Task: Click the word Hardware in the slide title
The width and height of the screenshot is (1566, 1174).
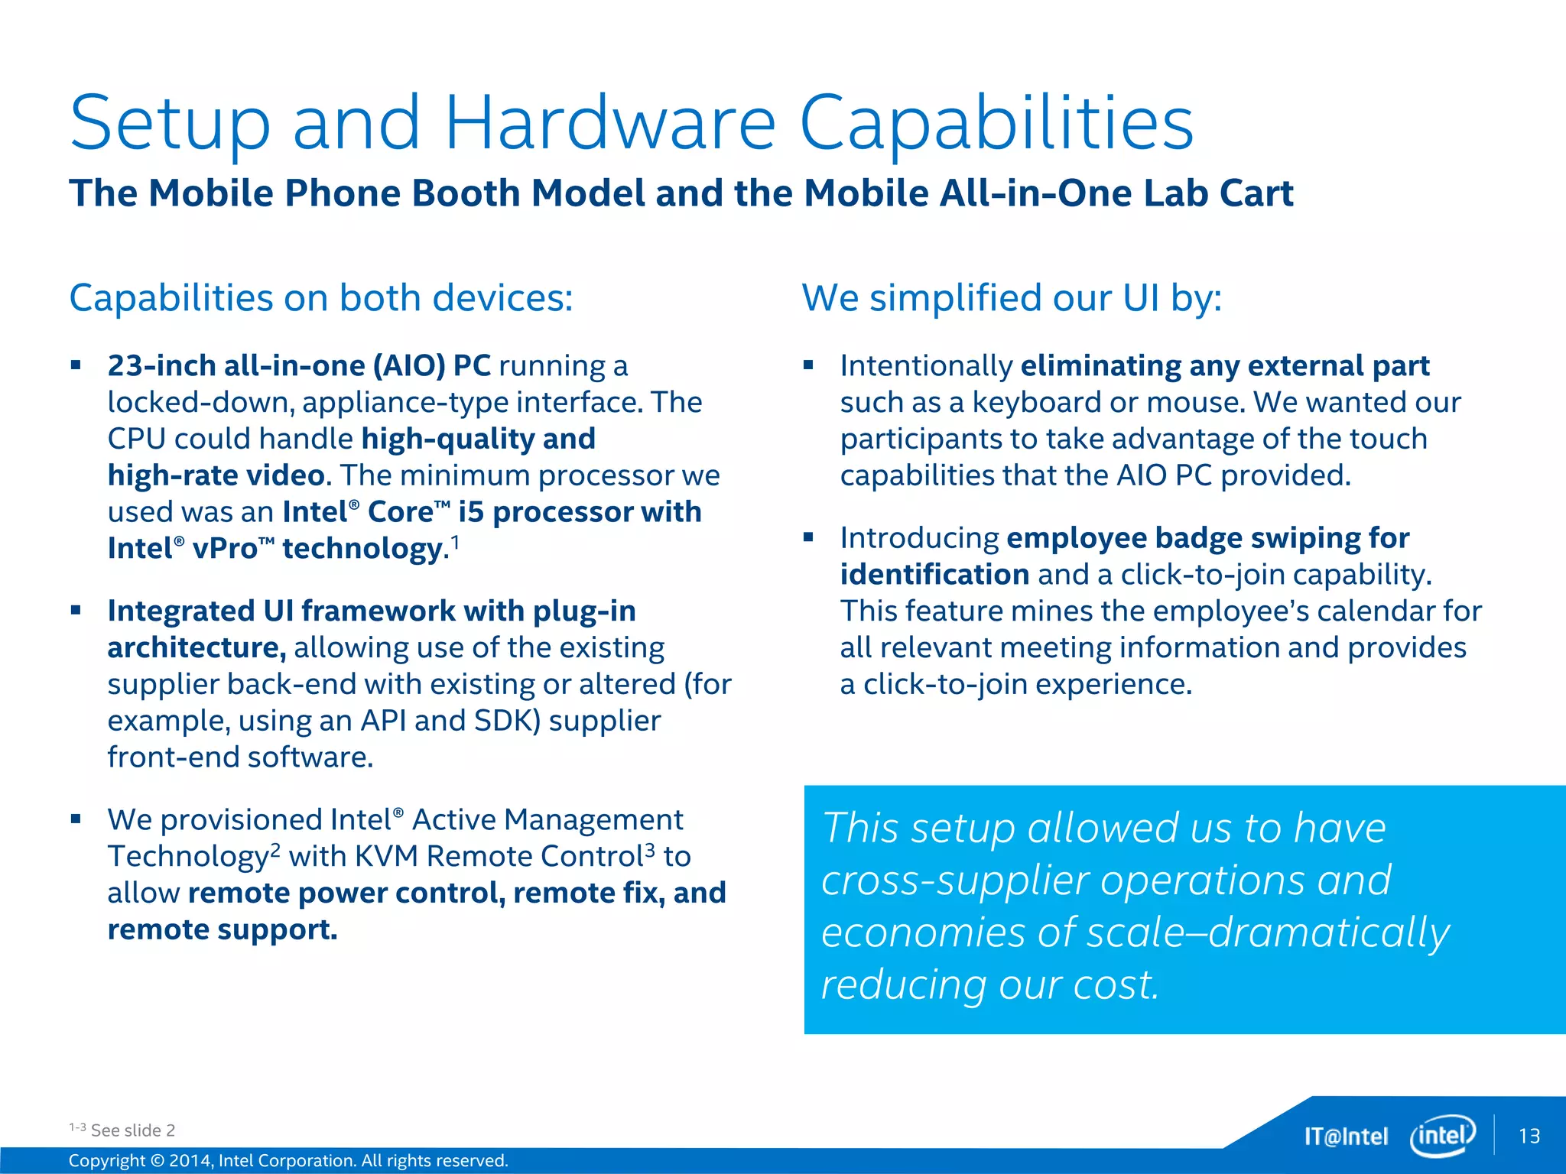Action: point(610,124)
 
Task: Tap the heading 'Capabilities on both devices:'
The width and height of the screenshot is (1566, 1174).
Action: point(320,297)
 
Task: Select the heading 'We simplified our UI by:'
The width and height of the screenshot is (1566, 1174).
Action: point(1012,297)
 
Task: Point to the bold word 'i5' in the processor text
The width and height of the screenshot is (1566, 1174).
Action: point(471,512)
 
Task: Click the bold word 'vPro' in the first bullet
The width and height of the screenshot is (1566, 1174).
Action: point(225,549)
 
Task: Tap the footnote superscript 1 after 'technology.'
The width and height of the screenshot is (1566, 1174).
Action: point(455,542)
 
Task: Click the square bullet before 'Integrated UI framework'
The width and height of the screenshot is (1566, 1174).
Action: point(76,610)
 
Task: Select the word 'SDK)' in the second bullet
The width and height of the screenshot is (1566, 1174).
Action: point(507,721)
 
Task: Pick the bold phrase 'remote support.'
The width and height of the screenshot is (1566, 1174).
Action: point(222,929)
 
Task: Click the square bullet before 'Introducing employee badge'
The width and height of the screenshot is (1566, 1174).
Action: point(808,537)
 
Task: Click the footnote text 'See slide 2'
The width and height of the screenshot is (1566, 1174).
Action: point(133,1130)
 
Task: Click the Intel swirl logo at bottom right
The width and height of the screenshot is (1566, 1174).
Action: point(1442,1136)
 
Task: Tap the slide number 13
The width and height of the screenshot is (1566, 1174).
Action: point(1529,1137)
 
